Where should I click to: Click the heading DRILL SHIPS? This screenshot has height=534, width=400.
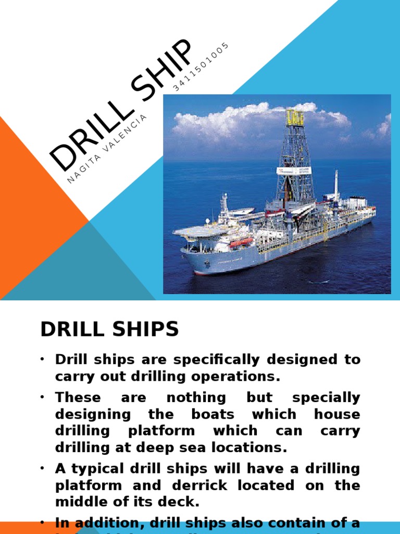point(109,329)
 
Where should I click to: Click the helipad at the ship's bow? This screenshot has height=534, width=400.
point(195,230)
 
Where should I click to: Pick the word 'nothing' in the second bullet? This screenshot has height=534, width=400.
point(196,397)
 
